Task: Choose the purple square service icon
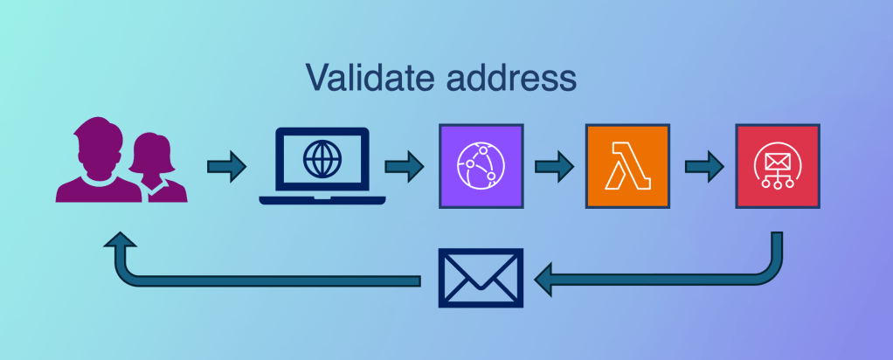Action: (x=480, y=166)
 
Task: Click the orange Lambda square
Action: (x=628, y=166)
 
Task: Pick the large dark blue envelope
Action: (x=480, y=279)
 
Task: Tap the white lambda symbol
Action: (x=628, y=166)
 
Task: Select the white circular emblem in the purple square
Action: (x=480, y=166)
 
